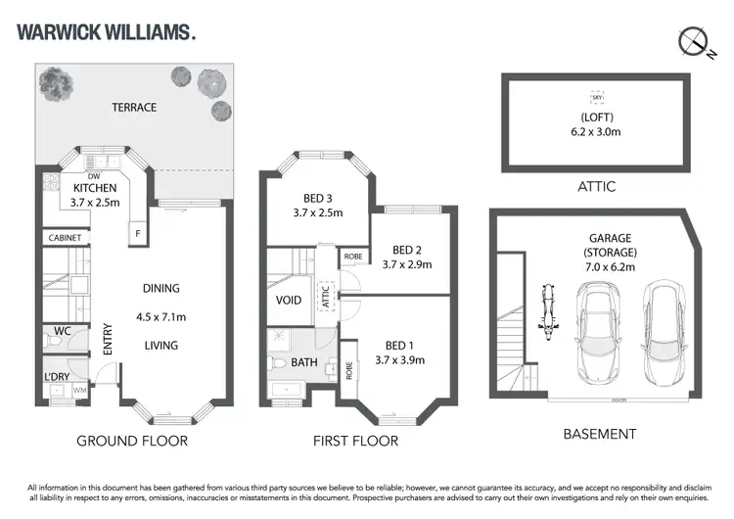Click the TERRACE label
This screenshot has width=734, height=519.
click(x=133, y=107)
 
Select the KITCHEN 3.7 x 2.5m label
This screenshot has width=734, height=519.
click(x=94, y=195)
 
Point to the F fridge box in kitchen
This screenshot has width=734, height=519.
click(x=138, y=235)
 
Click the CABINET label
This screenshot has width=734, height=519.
click(x=66, y=238)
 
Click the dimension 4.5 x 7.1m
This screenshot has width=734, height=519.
click(x=161, y=316)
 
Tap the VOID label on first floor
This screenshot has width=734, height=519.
click(x=289, y=302)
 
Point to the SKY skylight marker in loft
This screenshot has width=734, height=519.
click(x=596, y=98)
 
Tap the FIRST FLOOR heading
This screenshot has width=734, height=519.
click(x=355, y=441)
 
